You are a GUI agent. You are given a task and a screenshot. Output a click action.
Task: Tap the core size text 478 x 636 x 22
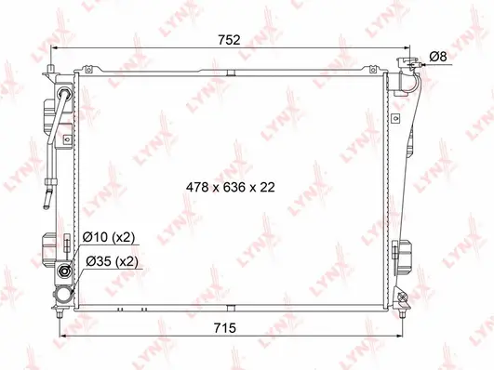tap(231, 186)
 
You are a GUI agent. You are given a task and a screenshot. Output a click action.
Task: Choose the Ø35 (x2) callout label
tap(111, 262)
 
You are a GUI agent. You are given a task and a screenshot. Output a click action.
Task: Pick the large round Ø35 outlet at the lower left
tap(65, 273)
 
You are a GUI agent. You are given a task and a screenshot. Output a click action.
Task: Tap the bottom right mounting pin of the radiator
tap(403, 300)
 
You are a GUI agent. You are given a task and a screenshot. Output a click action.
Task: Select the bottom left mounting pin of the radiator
tap(61, 302)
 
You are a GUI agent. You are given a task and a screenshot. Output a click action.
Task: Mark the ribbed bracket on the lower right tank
tap(402, 252)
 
